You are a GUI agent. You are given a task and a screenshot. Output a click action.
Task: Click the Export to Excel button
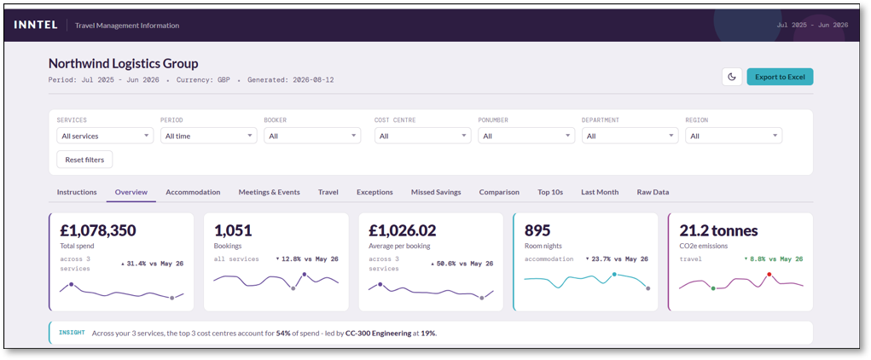[x=780, y=77]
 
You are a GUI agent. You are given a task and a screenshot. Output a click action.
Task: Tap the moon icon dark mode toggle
[x=732, y=77]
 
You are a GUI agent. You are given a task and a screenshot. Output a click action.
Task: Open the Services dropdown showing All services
[x=105, y=136]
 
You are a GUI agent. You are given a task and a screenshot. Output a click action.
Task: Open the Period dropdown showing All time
[x=208, y=136]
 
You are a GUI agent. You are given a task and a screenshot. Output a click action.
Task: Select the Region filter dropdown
[x=734, y=136]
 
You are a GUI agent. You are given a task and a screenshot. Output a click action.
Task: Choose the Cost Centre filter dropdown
[x=423, y=136]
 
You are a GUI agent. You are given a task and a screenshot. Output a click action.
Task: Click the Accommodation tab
[x=193, y=192]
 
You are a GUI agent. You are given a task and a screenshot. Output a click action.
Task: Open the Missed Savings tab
[x=436, y=192]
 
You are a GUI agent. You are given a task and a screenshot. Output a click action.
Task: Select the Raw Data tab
[x=653, y=192]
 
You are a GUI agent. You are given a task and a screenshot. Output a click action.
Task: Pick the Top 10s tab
[x=550, y=192]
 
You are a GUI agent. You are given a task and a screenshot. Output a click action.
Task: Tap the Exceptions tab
[x=375, y=192]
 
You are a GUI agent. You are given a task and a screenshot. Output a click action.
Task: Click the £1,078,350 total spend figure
[x=98, y=230]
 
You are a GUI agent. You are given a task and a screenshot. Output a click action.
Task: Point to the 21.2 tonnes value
[x=718, y=230]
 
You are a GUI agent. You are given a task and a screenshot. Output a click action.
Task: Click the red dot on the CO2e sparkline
[x=769, y=275]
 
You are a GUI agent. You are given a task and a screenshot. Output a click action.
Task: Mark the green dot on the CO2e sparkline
[x=713, y=288]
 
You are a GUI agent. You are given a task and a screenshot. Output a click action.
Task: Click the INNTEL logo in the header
[x=36, y=25]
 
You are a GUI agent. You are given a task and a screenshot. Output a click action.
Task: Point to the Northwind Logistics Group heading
[x=124, y=63]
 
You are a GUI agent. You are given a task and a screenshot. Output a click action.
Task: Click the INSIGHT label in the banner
[x=72, y=333]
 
